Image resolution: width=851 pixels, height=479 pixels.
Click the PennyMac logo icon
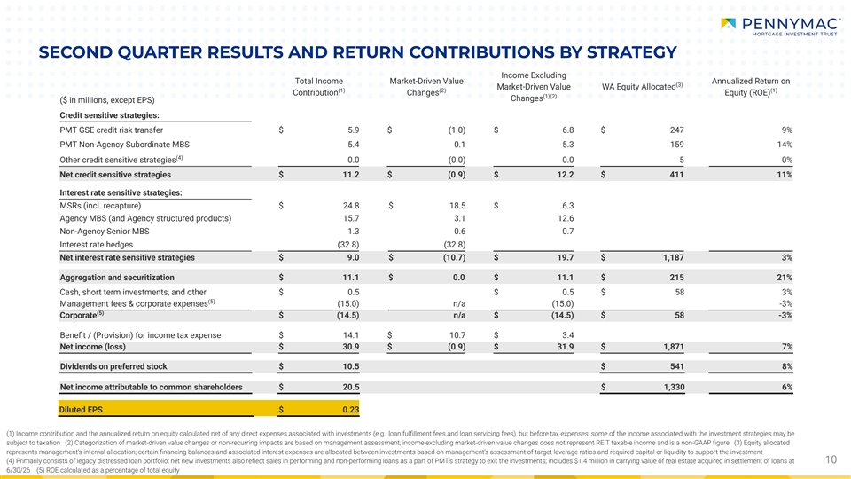click(729, 23)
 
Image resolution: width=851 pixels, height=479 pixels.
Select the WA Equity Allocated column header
click(642, 86)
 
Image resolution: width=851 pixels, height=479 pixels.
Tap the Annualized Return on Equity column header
click(751, 87)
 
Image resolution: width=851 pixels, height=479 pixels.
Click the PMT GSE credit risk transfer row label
click(112, 130)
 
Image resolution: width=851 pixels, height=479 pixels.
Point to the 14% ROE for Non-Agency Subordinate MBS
click(785, 145)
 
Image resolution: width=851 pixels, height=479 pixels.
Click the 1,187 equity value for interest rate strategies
click(673, 258)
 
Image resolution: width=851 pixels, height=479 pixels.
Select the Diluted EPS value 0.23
click(351, 410)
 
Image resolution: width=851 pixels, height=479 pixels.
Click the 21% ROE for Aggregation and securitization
click(785, 278)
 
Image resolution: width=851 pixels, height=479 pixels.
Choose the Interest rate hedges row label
click(96, 245)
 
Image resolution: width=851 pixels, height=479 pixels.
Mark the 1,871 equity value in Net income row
click(673, 347)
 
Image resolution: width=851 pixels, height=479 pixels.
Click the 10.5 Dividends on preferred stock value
click(351, 366)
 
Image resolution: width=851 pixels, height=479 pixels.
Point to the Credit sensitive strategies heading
click(109, 115)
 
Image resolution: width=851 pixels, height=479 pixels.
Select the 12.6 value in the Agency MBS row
click(566, 218)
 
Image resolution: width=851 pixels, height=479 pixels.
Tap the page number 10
click(831, 459)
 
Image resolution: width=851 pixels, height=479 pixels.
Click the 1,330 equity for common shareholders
click(673, 388)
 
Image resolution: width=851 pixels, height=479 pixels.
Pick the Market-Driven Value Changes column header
click(426, 87)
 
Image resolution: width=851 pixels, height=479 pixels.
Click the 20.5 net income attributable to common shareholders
click(351, 388)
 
